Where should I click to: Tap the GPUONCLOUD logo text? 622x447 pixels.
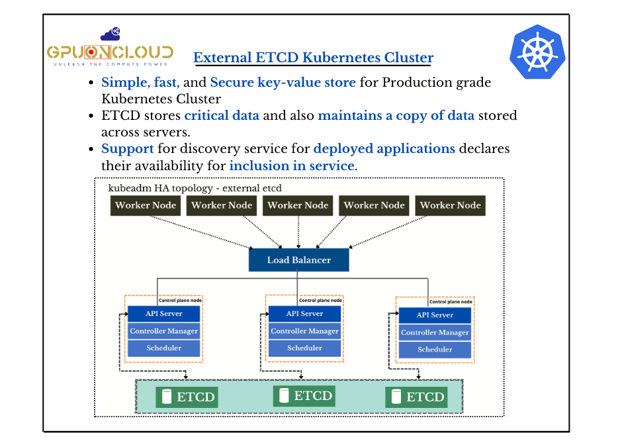[110, 53]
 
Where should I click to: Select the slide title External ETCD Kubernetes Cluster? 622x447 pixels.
[313, 58]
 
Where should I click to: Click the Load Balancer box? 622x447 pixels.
[298, 260]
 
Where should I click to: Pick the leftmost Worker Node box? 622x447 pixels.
[146, 205]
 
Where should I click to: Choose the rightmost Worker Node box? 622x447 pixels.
[450, 205]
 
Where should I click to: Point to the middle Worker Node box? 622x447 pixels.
[298, 205]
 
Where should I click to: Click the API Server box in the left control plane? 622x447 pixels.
[164, 313]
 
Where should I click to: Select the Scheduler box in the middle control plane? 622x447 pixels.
[304, 348]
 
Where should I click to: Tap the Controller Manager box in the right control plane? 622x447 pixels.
[435, 332]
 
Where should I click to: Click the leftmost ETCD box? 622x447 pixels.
[186, 397]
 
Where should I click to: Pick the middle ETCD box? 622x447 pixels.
[304, 396]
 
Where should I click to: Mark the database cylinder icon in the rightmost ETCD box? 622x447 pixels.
[396, 397]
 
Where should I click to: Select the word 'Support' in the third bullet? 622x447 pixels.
[127, 148]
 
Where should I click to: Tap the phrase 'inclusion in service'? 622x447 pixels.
[292, 166]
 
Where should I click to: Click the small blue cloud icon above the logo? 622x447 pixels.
[110, 33]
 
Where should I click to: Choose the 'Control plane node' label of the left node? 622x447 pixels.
[180, 301]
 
